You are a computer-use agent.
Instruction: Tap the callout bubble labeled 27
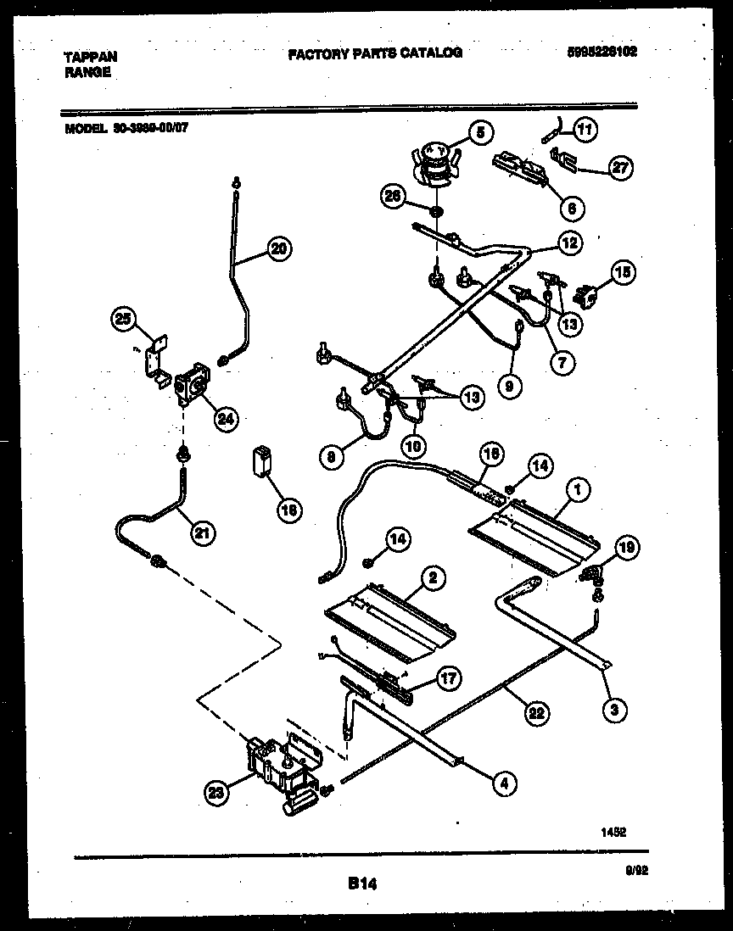[x=621, y=168]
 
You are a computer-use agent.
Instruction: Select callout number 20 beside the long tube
[x=277, y=248]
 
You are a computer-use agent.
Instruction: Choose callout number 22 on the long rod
[x=534, y=712]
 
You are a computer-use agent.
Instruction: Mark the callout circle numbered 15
[x=622, y=273]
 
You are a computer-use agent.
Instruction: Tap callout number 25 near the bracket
[x=124, y=319]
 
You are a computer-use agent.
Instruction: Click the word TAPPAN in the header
[x=91, y=57]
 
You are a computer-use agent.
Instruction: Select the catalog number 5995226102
[x=602, y=52]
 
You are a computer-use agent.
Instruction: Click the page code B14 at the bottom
[x=361, y=884]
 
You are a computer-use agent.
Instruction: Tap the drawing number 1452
[x=613, y=833]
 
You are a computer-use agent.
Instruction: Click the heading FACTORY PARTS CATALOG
[x=375, y=53]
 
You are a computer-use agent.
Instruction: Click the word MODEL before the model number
[x=85, y=129]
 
